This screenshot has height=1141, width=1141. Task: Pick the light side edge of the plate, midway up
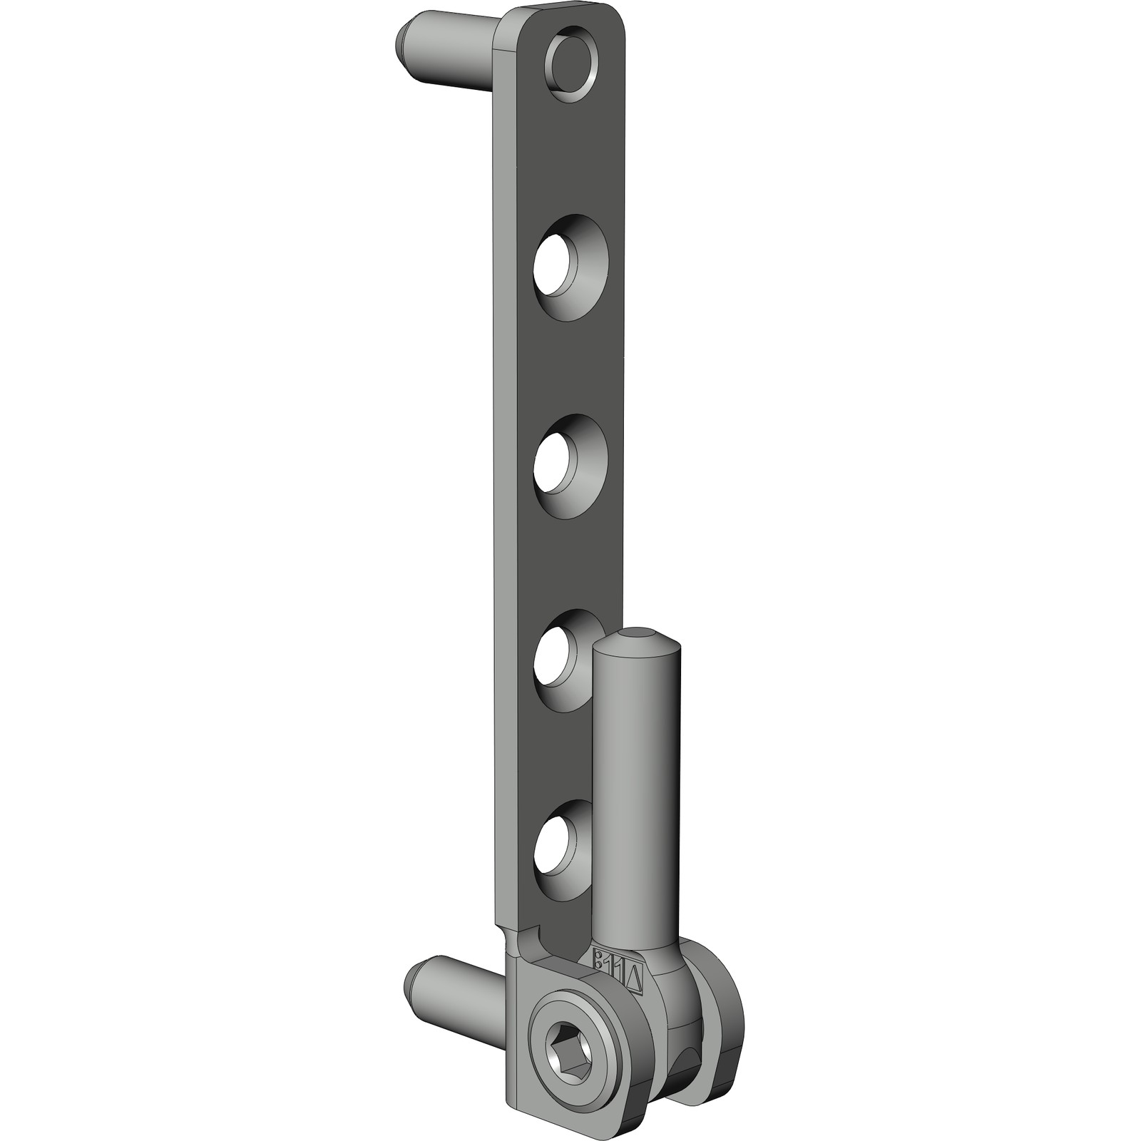coord(502,499)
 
